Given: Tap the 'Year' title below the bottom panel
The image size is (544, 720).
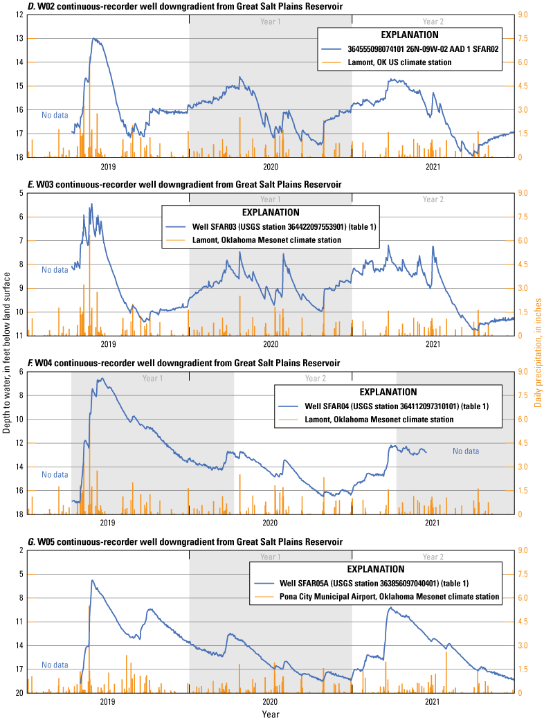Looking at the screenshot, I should [271, 713].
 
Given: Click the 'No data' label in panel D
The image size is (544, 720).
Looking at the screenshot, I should [55, 115].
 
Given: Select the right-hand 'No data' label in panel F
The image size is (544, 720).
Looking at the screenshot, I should [466, 451].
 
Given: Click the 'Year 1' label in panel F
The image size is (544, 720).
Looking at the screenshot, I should [152, 379].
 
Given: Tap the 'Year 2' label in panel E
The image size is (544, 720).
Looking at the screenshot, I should [433, 199].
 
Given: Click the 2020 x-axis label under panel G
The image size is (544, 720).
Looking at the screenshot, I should [271, 701].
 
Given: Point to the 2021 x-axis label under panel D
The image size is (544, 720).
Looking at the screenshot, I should [433, 167].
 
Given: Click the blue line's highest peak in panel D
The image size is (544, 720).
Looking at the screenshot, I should [94, 39].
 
